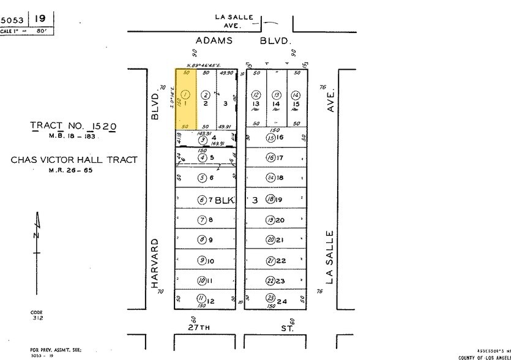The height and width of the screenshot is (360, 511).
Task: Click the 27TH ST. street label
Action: [x=242, y=328]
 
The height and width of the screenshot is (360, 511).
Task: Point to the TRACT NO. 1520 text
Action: [x=73, y=126]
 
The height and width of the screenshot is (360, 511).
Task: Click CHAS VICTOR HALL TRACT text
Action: [x=74, y=160]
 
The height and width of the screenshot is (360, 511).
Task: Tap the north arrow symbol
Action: [x=37, y=236]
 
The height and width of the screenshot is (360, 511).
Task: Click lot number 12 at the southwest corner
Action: [x=211, y=301]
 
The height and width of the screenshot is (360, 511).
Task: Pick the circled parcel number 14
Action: [x=296, y=95]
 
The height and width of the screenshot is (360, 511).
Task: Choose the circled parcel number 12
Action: [x=256, y=95]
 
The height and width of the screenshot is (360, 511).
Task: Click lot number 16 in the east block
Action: [x=280, y=138]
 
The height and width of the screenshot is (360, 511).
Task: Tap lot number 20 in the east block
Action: [x=280, y=220]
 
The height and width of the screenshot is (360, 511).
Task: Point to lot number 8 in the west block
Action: [x=210, y=220]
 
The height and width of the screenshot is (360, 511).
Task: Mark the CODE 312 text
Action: [x=37, y=315]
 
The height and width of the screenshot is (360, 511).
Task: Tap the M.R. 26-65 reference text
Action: [x=74, y=170]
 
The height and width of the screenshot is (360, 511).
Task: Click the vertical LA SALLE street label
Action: [x=331, y=257]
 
